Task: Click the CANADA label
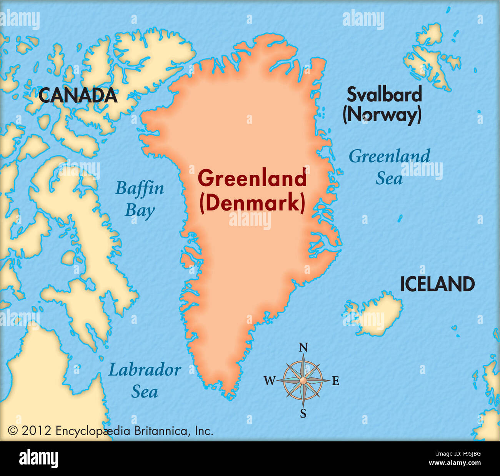(78, 95)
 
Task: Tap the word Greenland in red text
(252, 179)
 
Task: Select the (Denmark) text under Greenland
(252, 203)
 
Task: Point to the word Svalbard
(384, 95)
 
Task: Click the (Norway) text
(382, 115)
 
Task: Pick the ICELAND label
(437, 285)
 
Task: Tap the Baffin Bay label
(140, 199)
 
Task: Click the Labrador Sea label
(145, 381)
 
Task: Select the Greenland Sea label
(389, 167)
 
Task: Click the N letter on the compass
(303, 348)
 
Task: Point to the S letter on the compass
(303, 414)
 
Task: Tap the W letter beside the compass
(269, 381)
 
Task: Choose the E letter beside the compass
(335, 381)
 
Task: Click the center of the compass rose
(303, 381)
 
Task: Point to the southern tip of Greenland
(230, 396)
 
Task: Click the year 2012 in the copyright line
(36, 431)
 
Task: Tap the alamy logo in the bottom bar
(38, 459)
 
